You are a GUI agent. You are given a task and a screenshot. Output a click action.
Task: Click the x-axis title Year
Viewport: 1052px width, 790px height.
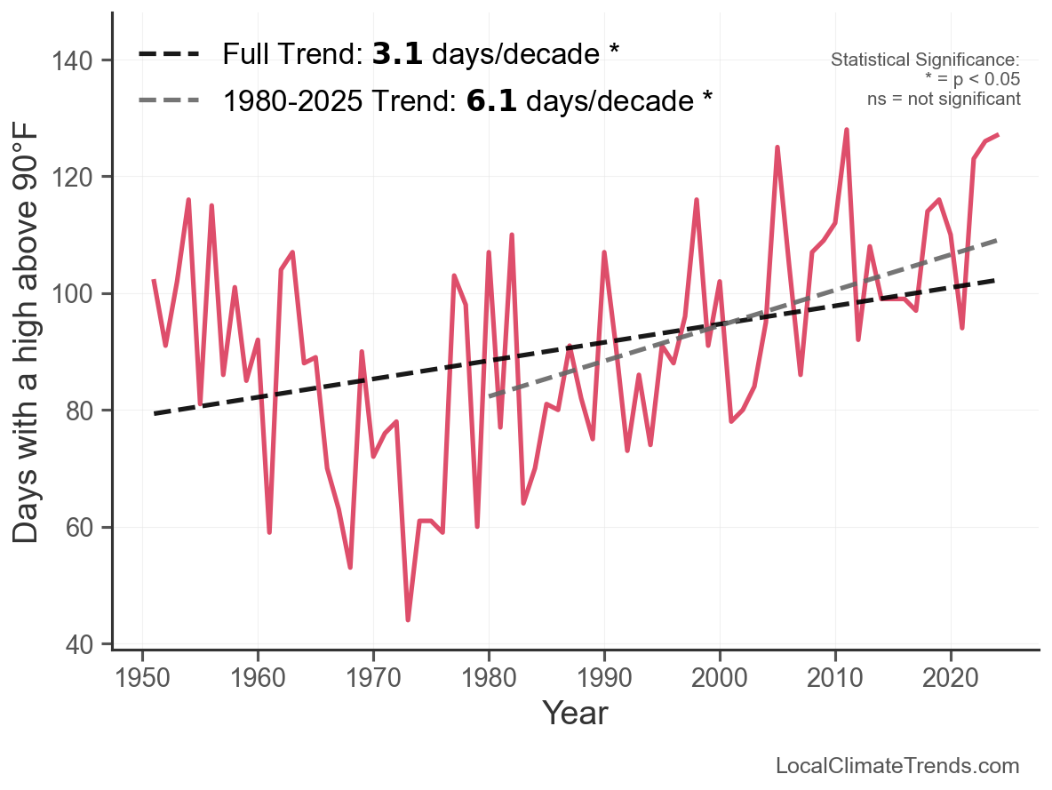coord(575,713)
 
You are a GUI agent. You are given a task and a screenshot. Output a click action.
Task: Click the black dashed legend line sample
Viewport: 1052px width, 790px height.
coord(170,54)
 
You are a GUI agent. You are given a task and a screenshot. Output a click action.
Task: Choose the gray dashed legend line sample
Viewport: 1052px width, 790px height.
coord(170,100)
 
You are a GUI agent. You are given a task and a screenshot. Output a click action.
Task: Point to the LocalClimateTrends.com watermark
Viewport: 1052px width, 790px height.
coord(897,766)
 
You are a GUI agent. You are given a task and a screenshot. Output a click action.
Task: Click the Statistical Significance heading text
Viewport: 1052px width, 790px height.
coord(925,60)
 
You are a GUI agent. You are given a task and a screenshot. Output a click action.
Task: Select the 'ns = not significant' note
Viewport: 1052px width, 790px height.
coord(944,99)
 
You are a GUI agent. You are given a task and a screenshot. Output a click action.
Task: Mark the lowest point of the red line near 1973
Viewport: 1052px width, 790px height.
coord(408,619)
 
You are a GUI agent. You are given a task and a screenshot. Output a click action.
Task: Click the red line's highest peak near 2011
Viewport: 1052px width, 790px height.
coord(847,130)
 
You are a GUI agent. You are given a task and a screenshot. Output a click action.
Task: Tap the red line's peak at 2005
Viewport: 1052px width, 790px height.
coord(777,148)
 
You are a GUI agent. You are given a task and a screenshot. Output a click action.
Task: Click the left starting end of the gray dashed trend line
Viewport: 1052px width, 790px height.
coord(490,396)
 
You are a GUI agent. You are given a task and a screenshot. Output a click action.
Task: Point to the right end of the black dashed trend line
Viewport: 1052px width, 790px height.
coord(997,281)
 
